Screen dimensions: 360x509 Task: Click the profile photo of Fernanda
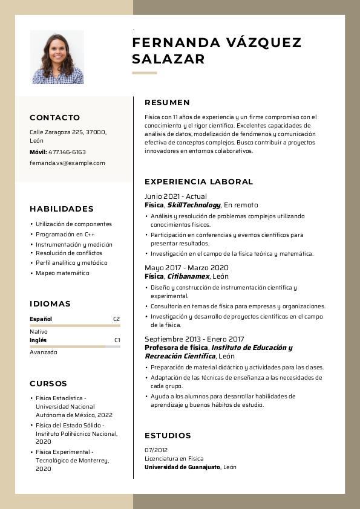(x=57, y=57)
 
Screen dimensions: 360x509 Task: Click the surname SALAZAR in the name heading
(x=168, y=59)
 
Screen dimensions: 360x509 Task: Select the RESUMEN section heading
(x=167, y=103)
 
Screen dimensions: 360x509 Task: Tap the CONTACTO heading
(x=54, y=118)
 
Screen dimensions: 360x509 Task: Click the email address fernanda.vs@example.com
(x=67, y=163)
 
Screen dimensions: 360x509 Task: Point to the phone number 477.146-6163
(x=67, y=152)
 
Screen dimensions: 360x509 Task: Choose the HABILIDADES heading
(x=62, y=209)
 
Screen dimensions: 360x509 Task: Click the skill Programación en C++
(x=65, y=234)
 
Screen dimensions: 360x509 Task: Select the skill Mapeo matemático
(x=62, y=273)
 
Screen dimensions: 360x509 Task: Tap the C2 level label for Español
(x=116, y=319)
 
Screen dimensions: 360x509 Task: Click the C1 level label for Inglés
(x=117, y=340)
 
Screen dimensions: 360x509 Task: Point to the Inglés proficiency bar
(x=74, y=346)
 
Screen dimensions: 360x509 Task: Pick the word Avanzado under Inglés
(x=44, y=352)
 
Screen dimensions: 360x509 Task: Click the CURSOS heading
(x=48, y=384)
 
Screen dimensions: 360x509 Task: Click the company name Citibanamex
(x=188, y=276)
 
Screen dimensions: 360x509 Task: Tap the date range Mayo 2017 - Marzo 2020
(x=186, y=268)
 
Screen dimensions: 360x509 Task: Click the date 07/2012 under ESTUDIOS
(x=156, y=450)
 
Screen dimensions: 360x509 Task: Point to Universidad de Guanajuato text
(x=182, y=467)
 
